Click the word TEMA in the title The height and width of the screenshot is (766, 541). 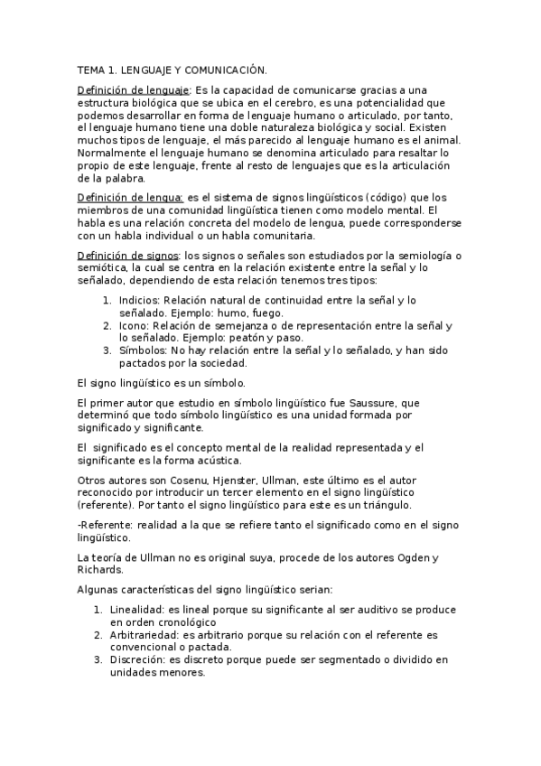tap(91, 70)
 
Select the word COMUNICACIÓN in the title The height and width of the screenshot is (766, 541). tap(229, 70)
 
